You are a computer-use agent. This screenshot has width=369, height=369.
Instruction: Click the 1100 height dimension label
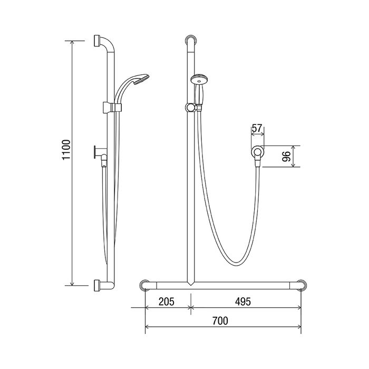point(66,150)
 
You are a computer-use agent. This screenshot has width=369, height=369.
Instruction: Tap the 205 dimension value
point(167,302)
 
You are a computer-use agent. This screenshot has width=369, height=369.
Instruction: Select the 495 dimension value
point(243,302)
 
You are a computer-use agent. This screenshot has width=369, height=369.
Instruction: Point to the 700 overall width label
point(220,321)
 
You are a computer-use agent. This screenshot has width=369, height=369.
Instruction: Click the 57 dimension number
point(257,128)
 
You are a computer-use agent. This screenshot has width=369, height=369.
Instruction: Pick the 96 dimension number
point(286,157)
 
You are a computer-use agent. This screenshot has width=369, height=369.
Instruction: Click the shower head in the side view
point(141,79)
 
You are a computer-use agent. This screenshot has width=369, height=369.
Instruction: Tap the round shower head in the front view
point(199,79)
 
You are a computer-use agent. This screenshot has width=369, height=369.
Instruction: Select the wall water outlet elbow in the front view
point(257,156)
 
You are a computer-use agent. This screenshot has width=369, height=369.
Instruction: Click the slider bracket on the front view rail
point(190,108)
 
